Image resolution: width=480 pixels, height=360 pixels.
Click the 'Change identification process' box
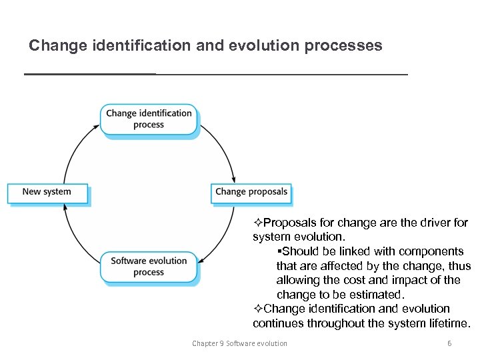click(149, 119)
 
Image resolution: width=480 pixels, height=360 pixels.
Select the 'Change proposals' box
click(251, 192)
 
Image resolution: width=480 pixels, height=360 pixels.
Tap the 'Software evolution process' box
click(149, 266)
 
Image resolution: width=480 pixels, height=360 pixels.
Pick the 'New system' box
click(47, 192)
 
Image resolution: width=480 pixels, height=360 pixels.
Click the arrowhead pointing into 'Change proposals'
click(233, 179)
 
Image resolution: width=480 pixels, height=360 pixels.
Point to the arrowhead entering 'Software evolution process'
click(202, 258)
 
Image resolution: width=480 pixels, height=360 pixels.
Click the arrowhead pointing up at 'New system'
click(65, 207)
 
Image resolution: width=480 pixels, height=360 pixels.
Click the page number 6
click(449, 343)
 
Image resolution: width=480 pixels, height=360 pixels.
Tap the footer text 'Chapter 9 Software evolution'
click(239, 343)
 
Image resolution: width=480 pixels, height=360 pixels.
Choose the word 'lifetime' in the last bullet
click(447, 323)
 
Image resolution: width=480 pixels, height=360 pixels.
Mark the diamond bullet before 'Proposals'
click(258, 222)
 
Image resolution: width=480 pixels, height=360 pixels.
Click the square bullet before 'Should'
click(279, 251)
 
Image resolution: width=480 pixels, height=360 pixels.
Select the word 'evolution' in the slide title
click(258, 46)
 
